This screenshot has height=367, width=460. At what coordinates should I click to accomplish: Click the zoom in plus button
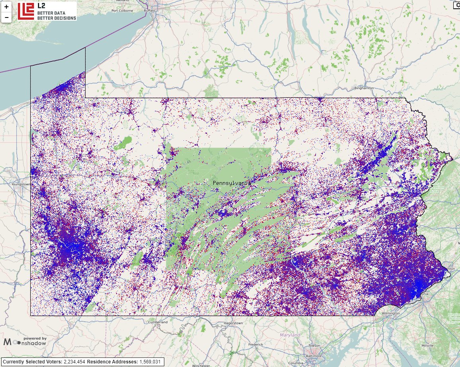pyautogui.click(x=6, y=7)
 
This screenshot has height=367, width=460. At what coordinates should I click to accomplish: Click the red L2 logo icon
pyautogui.click(x=25, y=11)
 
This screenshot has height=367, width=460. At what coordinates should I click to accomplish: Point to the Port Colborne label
pyautogui.click(x=122, y=11)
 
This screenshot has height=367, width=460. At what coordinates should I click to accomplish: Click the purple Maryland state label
pyautogui.click(x=290, y=335)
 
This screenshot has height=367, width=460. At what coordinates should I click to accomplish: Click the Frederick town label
pyautogui.click(x=255, y=344)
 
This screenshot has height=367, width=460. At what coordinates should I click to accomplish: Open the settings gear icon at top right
pyautogui.click(x=456, y=5)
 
